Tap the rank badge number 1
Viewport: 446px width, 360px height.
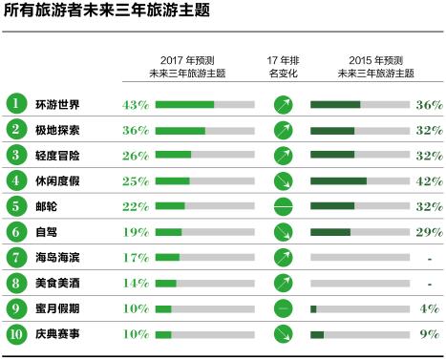pyautogui.click(x=16, y=103)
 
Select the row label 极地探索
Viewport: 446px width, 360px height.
pyautogui.click(x=58, y=129)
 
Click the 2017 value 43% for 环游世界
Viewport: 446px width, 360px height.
pyautogui.click(x=137, y=104)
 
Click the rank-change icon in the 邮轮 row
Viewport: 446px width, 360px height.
pyautogui.click(x=282, y=206)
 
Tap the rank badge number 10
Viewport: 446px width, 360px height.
pyautogui.click(x=16, y=334)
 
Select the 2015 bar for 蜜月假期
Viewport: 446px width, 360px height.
pyautogui.click(x=359, y=308)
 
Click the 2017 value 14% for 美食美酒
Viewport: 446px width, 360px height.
pyautogui.click(x=137, y=284)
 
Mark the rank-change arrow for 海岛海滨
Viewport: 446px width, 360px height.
pyautogui.click(x=282, y=258)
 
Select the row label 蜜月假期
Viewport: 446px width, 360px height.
pyautogui.click(x=58, y=308)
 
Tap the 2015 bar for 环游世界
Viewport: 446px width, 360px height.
pyautogui.click(x=359, y=104)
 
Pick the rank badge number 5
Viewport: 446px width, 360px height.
pyautogui.click(x=16, y=206)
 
